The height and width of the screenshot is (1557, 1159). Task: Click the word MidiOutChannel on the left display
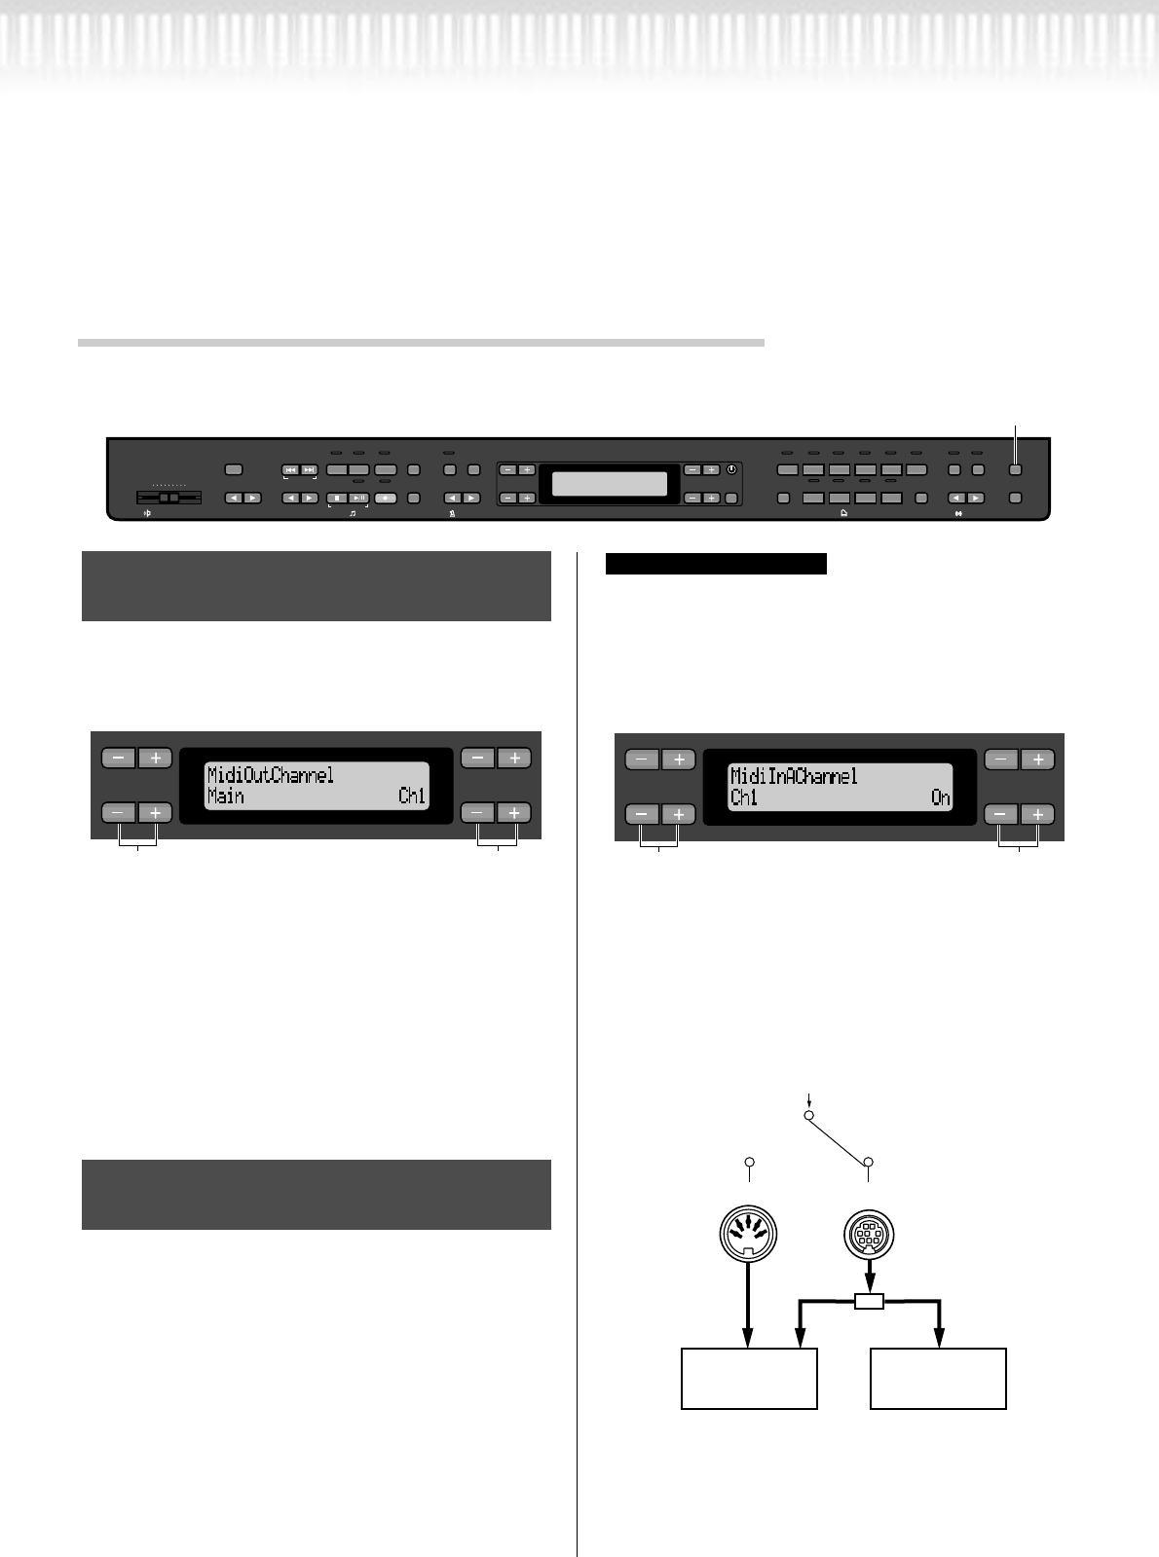pos(271,775)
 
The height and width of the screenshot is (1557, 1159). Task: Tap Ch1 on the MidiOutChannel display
pos(412,797)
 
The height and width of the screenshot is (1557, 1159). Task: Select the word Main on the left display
pos(225,797)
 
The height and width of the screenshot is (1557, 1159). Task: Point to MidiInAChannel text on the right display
pos(794,777)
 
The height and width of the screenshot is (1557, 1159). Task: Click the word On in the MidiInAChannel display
pos(941,798)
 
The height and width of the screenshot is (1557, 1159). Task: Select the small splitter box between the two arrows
pos(869,1301)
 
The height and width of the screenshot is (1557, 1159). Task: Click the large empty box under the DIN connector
pos(748,1378)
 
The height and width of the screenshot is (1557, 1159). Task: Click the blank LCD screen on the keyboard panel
pos(610,484)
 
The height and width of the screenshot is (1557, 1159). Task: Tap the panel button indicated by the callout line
pos(1016,469)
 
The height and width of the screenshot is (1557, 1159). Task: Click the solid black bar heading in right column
pos(716,564)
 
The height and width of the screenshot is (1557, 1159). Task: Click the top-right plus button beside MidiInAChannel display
pos(1038,760)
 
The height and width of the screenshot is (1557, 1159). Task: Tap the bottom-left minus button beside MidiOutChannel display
pos(118,812)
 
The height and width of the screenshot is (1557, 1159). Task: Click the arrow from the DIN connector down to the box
pos(748,1305)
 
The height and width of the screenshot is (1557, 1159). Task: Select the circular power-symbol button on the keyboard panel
pos(732,469)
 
